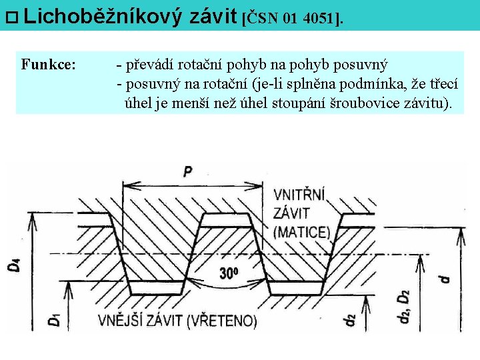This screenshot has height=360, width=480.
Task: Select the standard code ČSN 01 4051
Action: [x=293, y=18]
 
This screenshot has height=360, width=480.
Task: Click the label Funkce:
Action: [x=48, y=65]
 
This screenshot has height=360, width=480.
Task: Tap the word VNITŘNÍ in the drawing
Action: [x=299, y=195]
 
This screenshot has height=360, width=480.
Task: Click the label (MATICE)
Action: [x=302, y=231]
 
